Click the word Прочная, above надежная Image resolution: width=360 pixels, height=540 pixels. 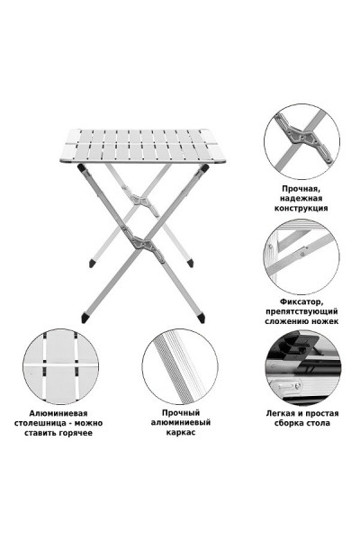tap(301, 189)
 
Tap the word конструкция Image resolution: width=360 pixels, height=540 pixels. tap(301, 208)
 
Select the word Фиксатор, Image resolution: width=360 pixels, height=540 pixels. tap(301, 302)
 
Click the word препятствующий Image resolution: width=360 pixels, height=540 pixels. tap(301, 311)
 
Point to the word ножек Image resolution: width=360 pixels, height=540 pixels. tap(325, 321)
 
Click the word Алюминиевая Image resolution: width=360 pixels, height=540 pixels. tap(58, 413)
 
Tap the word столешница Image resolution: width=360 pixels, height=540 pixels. tap(41, 423)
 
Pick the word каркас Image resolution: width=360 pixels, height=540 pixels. tap(181, 432)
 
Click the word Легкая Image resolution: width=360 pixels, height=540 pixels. tap(281, 413)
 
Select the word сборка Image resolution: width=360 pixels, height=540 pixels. tap(289, 423)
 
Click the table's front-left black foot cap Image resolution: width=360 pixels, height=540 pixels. tap(85, 318)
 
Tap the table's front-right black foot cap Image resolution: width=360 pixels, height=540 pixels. tap(202, 318)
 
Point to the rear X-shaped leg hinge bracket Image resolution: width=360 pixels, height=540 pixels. tap(140, 201)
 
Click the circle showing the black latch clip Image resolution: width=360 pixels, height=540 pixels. tap(303, 367)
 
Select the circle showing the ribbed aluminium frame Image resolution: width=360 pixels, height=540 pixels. tap(180, 367)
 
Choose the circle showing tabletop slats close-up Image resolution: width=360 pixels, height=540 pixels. tap(60, 366)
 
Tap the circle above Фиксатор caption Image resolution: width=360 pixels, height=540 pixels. tap(301, 256)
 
